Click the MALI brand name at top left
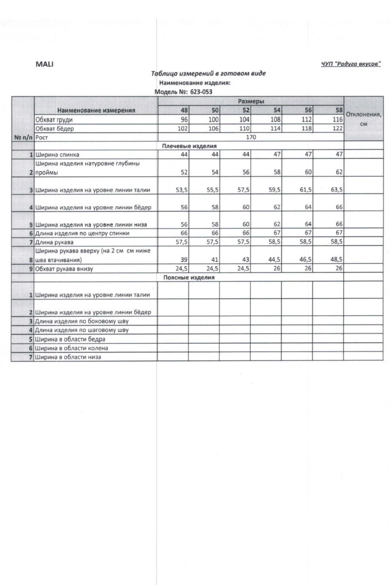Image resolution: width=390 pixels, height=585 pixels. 44,64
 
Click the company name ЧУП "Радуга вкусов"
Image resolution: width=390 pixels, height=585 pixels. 351,64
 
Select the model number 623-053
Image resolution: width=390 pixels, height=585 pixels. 201,92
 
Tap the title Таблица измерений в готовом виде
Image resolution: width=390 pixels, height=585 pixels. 208,73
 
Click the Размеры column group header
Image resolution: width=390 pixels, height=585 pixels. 251,101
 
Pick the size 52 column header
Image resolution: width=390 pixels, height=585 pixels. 246,110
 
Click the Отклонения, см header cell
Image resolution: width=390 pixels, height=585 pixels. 363,119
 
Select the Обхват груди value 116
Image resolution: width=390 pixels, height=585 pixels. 337,119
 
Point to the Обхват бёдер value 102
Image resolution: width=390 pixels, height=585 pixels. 183,128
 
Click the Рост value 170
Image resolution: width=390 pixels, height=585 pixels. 251,137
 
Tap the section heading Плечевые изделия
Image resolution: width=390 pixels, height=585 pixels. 189,146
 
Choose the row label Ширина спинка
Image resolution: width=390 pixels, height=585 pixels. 57,155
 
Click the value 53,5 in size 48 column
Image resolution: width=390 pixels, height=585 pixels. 181,190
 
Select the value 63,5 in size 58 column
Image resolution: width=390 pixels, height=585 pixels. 336,190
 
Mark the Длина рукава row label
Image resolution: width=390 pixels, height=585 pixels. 54,242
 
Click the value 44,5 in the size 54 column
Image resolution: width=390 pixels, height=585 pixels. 274,259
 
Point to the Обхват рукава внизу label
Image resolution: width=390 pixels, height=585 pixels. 64,269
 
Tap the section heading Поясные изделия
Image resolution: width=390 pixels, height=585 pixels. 189,277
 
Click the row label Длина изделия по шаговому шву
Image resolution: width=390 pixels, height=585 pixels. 82,330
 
